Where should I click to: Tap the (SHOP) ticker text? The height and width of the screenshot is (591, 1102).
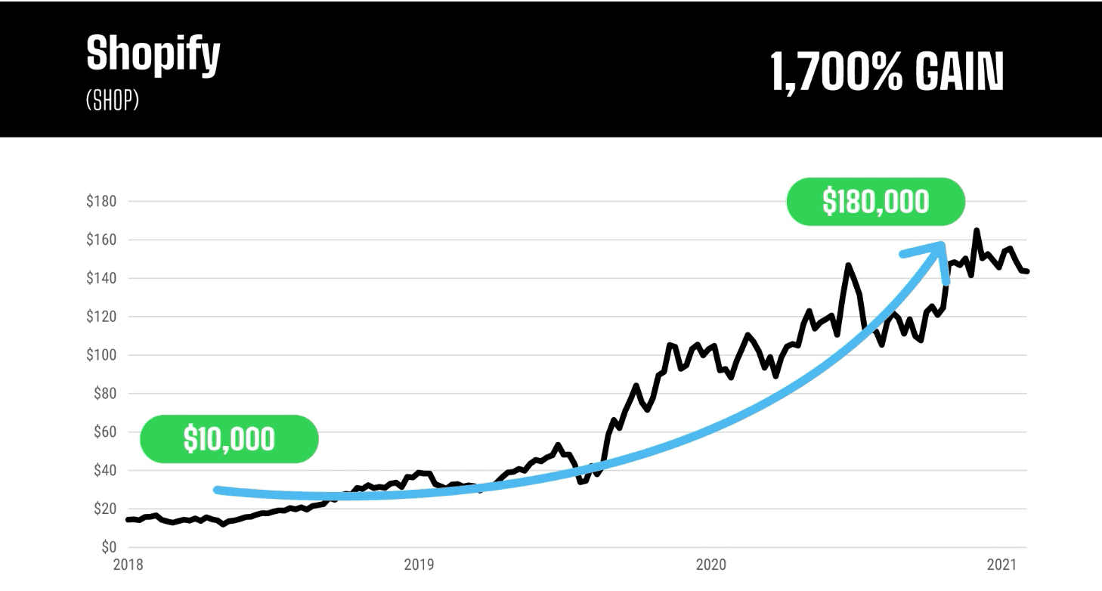[113, 101]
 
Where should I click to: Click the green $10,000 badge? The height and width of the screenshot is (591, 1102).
[229, 439]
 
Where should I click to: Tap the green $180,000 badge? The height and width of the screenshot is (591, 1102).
[875, 202]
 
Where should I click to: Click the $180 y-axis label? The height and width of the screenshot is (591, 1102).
[101, 202]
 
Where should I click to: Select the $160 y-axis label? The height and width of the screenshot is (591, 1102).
[101, 240]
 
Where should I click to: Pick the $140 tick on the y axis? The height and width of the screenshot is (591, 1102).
[101, 279]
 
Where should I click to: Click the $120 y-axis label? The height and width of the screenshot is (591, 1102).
[101, 317]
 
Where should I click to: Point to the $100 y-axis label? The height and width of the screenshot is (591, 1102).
[101, 355]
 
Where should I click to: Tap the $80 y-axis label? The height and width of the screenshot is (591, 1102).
[104, 394]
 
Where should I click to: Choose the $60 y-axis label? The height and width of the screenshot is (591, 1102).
[104, 432]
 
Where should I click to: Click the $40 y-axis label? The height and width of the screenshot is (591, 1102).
[104, 471]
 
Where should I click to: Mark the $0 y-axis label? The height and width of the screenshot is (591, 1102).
[107, 547]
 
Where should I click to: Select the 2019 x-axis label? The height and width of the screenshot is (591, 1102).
[419, 565]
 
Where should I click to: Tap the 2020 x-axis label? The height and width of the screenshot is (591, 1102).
[711, 565]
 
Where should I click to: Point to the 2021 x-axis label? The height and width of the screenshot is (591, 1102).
[1001, 565]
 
